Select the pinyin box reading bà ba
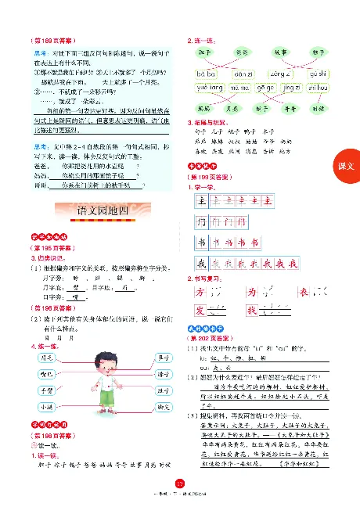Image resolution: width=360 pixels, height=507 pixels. [x=205, y=73]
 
